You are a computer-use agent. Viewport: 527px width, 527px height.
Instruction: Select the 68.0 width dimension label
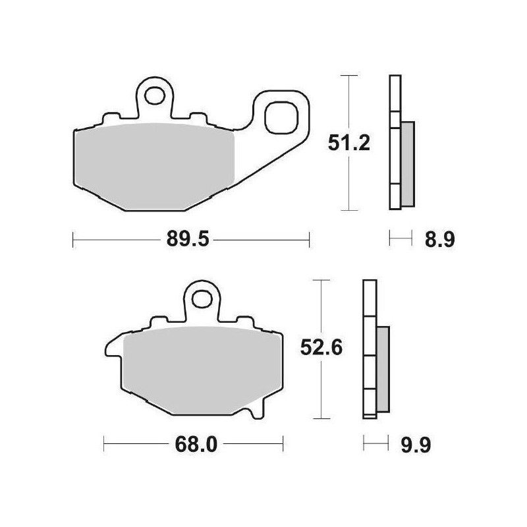pyautogui.click(x=195, y=445)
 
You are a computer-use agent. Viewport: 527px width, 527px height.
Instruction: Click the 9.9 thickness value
pyautogui.click(x=416, y=445)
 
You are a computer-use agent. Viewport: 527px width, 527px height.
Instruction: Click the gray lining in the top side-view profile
pyautogui.click(x=407, y=161)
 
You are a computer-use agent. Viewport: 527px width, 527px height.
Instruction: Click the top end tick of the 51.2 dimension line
pyautogui.click(x=347, y=76)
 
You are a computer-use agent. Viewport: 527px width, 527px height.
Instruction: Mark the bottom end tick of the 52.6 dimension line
pyautogui.click(x=320, y=419)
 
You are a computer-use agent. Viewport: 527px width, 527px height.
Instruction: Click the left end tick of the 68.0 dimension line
pyautogui.click(x=105, y=445)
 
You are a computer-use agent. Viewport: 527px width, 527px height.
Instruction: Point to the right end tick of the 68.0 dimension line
pyautogui.click(x=283, y=445)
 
